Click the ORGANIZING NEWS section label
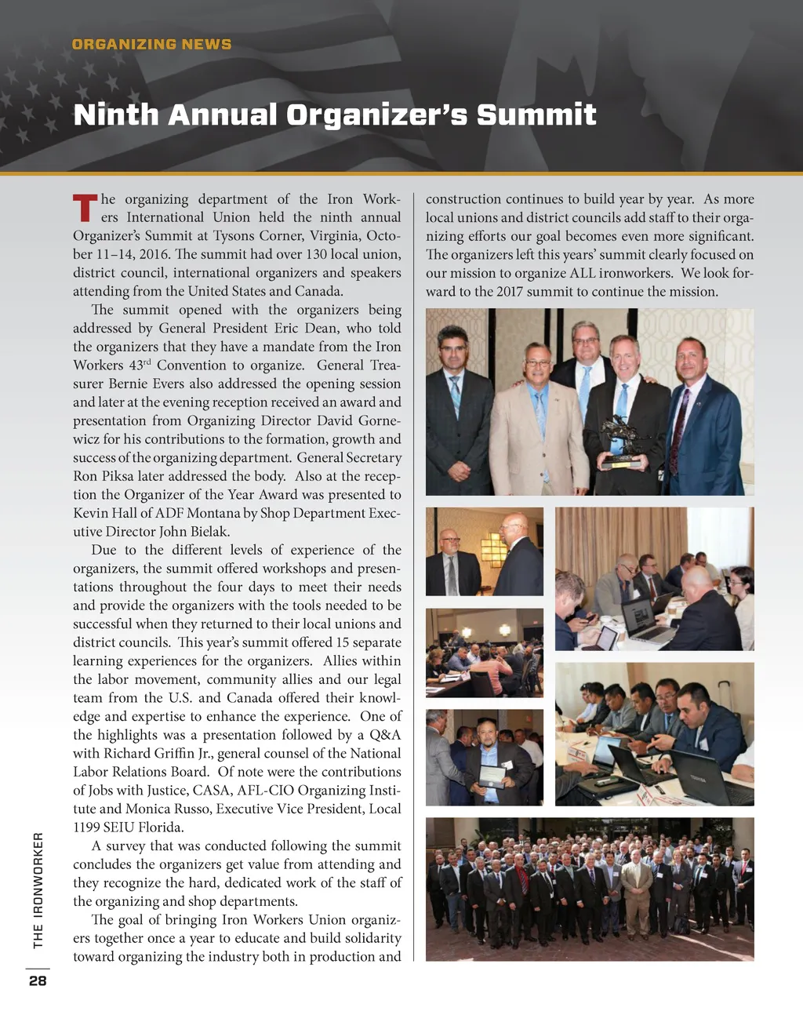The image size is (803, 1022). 151,44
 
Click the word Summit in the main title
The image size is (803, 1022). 536,115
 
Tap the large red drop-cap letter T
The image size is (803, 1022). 85,208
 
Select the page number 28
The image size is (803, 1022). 38,980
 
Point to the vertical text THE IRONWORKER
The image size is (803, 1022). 38,890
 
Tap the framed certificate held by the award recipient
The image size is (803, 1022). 492,776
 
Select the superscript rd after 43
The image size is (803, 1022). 147,362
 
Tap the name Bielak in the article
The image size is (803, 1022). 209,531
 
